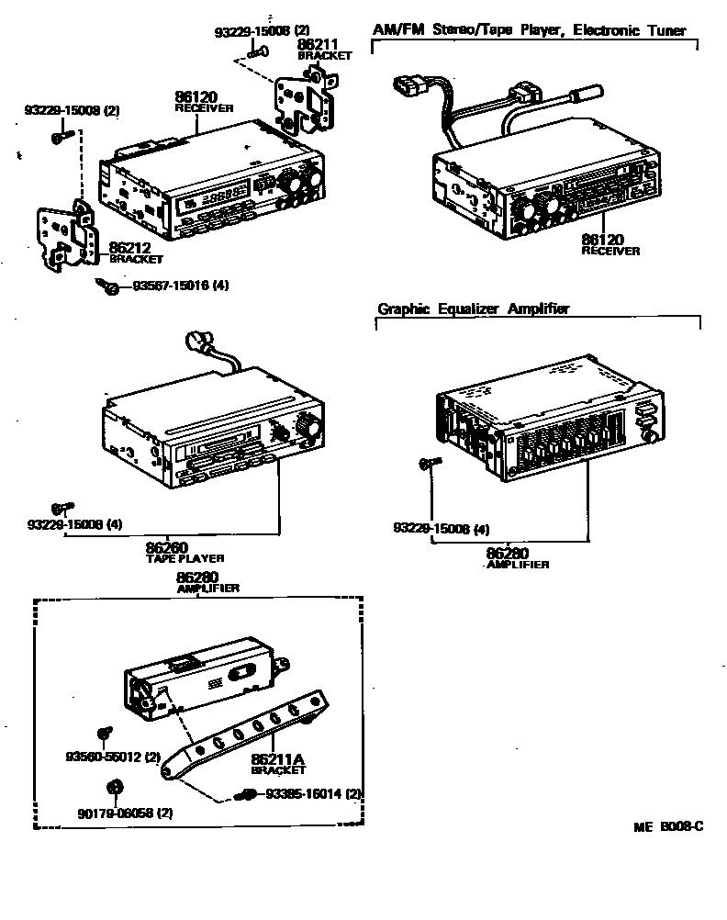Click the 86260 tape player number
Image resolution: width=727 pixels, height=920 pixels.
[x=167, y=548]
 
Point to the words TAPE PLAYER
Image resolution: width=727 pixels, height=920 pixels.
[x=185, y=558]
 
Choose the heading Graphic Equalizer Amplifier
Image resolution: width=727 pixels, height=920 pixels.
[x=474, y=309]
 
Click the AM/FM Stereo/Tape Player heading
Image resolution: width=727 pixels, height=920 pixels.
[x=529, y=30]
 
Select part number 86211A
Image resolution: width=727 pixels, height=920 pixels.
[x=276, y=759]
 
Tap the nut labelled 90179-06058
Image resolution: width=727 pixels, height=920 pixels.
[x=116, y=787]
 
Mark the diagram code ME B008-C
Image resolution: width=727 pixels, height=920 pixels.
[x=668, y=826]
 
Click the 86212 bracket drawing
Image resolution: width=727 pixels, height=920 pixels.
[x=62, y=237]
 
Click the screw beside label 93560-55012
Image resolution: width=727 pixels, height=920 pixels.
[x=104, y=734]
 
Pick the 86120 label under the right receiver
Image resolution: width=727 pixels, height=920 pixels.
[x=605, y=241]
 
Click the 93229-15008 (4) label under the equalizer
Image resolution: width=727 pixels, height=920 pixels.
[x=442, y=529]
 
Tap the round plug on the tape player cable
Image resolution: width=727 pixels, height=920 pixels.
[x=196, y=341]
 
